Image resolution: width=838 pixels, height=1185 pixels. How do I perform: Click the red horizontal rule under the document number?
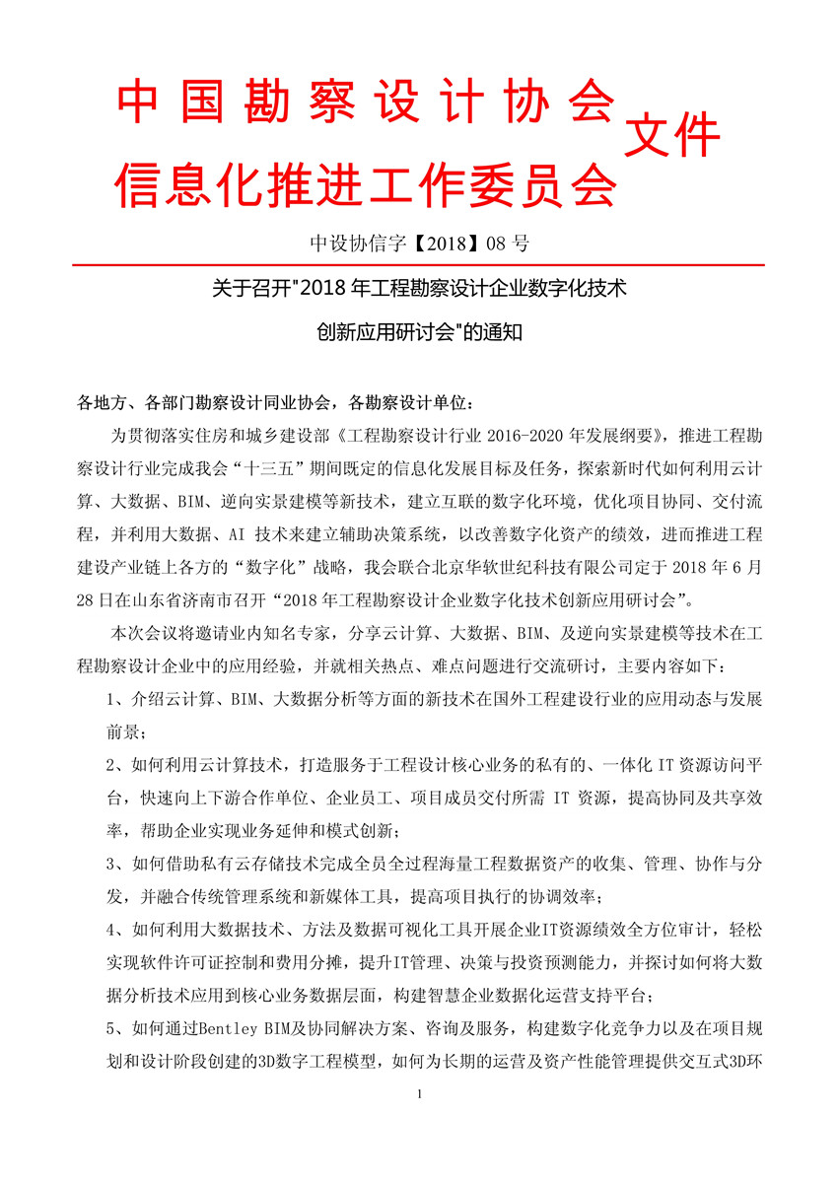point(418,265)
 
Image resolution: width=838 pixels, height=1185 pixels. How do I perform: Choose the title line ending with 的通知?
point(418,332)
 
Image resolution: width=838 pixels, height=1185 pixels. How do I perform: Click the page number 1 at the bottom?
point(419,1121)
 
